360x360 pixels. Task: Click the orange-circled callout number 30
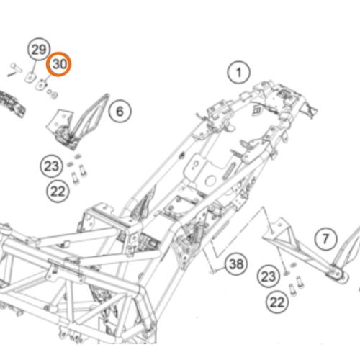pyautogui.click(x=59, y=64)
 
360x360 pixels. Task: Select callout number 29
pyautogui.click(x=39, y=50)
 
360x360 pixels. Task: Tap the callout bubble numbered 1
pyautogui.click(x=238, y=73)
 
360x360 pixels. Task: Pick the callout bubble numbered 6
pyautogui.click(x=120, y=112)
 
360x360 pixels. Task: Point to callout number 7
pyautogui.click(x=325, y=239)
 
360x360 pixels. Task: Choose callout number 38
pyautogui.click(x=236, y=264)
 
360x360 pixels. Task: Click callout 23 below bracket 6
pyautogui.click(x=52, y=166)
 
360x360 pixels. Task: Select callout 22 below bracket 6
pyautogui.click(x=58, y=192)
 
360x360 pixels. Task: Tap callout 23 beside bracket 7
pyautogui.click(x=269, y=276)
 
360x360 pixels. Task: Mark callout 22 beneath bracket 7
pyautogui.click(x=277, y=302)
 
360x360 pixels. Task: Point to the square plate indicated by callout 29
pyautogui.click(x=31, y=77)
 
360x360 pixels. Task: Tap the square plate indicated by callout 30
pyautogui.click(x=41, y=84)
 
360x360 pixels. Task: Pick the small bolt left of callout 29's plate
pyautogui.click(x=14, y=69)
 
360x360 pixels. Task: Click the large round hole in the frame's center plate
pyautogui.click(x=210, y=181)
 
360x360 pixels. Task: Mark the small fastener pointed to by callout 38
pyautogui.click(x=212, y=271)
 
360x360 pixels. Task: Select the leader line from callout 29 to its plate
pyautogui.click(x=34, y=68)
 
